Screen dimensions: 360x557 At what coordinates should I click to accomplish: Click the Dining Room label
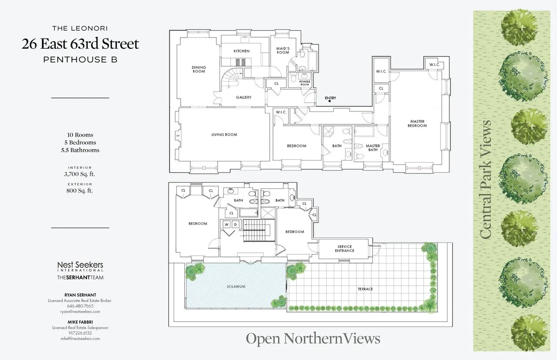tap(199, 70)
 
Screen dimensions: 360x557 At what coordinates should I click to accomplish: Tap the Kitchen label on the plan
tap(241, 51)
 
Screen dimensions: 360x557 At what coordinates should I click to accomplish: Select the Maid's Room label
tap(283, 51)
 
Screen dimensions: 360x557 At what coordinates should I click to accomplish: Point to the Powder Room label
tap(304, 83)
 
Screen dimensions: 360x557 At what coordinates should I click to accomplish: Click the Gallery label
tap(243, 97)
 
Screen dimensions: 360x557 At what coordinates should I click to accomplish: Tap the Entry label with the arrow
tap(330, 98)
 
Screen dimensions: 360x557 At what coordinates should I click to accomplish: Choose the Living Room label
tap(224, 135)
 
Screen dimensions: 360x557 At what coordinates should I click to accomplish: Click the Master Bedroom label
tap(416, 124)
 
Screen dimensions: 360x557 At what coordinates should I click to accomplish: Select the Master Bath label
tap(373, 148)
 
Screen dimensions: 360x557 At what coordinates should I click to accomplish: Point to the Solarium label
tap(236, 287)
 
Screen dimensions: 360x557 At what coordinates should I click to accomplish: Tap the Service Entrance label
tap(344, 249)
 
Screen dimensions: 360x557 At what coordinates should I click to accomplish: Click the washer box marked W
tap(227, 225)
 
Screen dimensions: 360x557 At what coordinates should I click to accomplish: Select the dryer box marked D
tap(235, 225)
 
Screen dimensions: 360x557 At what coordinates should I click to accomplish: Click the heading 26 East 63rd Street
tap(80, 45)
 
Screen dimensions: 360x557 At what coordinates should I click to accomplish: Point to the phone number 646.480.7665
tap(80, 306)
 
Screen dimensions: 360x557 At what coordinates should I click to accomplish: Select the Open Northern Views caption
tap(313, 339)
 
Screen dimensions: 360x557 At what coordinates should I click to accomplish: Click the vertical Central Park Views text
tap(486, 180)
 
